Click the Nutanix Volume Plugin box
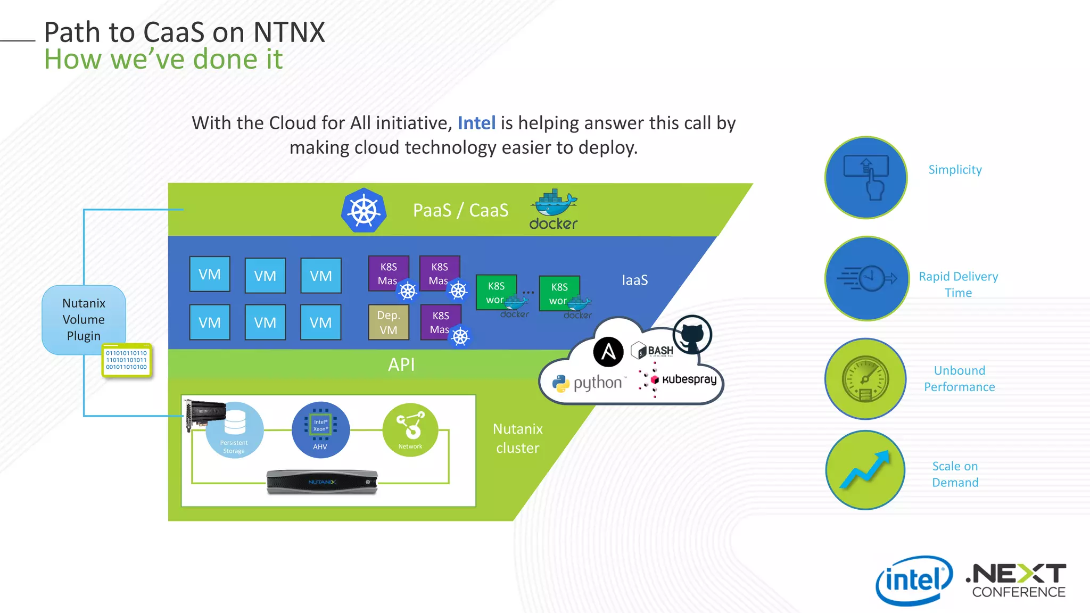pyautogui.click(x=84, y=319)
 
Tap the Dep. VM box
pyautogui.click(x=389, y=322)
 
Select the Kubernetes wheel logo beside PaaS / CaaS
pyautogui.click(x=364, y=211)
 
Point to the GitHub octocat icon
pyautogui.click(x=692, y=335)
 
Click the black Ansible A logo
pyautogui.click(x=608, y=352)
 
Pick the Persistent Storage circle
pyautogui.click(x=234, y=430)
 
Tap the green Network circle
pyautogui.click(x=410, y=430)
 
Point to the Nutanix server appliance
pyautogui.click(x=322, y=482)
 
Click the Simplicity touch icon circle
pyautogui.click(x=866, y=178)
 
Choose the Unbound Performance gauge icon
pyautogui.click(x=865, y=379)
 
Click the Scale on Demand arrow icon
pyautogui.click(x=865, y=470)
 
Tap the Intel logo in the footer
pyautogui.click(x=914, y=580)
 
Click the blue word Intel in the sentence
pyautogui.click(x=476, y=123)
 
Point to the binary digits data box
pyautogui.click(x=127, y=360)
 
